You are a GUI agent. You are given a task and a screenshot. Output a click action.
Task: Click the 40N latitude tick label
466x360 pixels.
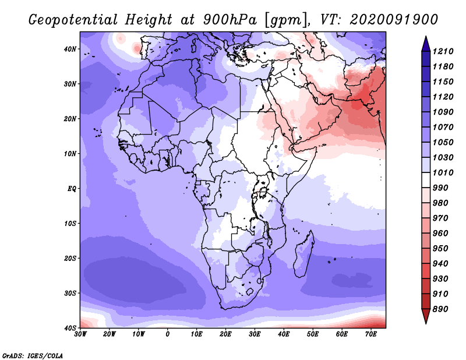coord(70,49)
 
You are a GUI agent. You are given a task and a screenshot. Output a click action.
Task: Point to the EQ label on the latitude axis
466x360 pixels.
coord(72,189)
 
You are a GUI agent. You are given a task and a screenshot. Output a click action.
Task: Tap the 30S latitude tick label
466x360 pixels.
coord(70,293)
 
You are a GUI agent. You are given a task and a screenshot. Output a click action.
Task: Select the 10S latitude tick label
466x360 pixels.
coord(70,223)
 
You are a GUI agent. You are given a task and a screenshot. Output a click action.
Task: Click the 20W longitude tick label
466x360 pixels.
coord(110,334)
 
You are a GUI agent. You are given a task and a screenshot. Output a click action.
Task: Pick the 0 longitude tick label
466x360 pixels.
coord(168,334)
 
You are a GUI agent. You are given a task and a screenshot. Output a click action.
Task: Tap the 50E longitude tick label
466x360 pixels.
coord(313,334)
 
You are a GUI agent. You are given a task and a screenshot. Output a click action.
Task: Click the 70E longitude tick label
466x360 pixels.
coord(371,334)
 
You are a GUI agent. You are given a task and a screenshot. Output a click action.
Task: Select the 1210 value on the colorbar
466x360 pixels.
coord(443,51)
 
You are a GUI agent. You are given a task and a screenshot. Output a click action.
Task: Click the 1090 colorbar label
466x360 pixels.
coord(443,112)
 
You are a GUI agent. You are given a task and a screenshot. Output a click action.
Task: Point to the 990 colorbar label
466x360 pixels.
coord(440,188)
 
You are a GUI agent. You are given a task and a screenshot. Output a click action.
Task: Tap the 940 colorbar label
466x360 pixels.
coord(440,264)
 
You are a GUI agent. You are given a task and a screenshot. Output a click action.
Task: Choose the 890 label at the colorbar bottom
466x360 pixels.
coord(440,309)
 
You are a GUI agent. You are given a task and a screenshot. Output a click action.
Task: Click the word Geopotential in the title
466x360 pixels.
coord(73,20)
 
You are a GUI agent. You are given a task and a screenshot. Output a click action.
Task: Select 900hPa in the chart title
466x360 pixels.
coord(230,20)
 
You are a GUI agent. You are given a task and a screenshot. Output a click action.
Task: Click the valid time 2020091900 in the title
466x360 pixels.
coord(394,20)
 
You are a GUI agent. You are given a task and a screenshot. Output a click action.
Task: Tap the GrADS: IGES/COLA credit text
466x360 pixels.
coord(33,356)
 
